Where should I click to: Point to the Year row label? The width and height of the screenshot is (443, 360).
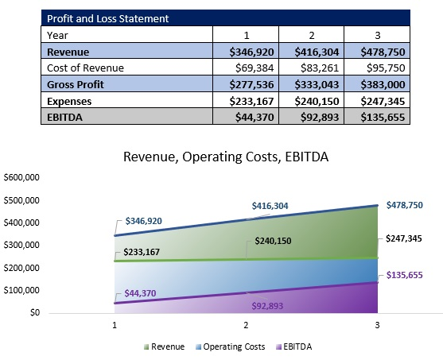(x=57, y=34)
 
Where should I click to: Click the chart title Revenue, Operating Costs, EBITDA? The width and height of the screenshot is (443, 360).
(x=225, y=157)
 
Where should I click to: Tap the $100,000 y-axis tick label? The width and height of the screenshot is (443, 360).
(x=22, y=290)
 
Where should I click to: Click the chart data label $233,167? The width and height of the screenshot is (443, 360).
(x=142, y=252)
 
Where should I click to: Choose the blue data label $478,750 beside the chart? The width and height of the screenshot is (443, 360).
(x=406, y=205)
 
